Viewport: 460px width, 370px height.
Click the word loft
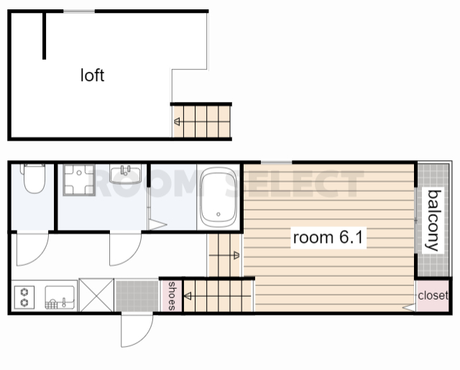(x=92, y=75)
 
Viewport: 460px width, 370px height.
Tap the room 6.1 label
(x=328, y=237)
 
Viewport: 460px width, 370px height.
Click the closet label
(x=433, y=295)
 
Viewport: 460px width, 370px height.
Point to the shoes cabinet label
(x=172, y=296)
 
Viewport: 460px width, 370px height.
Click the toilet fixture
(x=34, y=178)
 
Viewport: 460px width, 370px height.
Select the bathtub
(x=218, y=197)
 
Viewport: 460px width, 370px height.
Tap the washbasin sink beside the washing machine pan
(x=126, y=174)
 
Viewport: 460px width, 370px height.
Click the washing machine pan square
(x=79, y=180)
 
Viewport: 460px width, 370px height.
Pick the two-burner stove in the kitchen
(x=24, y=297)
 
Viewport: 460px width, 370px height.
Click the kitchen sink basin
(x=60, y=297)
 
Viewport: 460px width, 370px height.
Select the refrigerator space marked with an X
(x=96, y=295)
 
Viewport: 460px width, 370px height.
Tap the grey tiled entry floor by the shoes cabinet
(x=137, y=296)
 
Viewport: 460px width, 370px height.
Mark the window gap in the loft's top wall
(x=79, y=11)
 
